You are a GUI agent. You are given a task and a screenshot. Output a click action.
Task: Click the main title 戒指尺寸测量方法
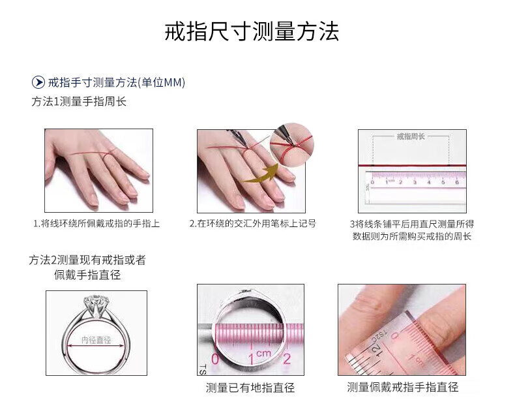click(252, 32)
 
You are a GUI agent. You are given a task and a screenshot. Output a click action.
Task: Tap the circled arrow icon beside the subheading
click(38, 82)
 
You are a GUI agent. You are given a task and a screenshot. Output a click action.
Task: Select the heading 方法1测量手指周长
click(79, 101)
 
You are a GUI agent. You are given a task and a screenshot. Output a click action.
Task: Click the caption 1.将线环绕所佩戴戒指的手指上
click(96, 224)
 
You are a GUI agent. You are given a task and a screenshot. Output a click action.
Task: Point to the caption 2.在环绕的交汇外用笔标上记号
click(253, 224)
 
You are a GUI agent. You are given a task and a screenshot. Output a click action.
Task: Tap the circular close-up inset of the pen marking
click(291, 145)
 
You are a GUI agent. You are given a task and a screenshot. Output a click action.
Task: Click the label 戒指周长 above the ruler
click(411, 136)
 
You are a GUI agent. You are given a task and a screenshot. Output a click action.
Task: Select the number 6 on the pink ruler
click(457, 182)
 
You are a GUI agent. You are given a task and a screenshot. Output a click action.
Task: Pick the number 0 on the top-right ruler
click(372, 182)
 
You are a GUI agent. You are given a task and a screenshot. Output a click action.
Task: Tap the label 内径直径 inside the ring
click(96, 340)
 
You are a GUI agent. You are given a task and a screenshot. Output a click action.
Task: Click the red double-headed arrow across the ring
click(96, 346)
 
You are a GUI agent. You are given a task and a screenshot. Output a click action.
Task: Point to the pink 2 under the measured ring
click(287, 358)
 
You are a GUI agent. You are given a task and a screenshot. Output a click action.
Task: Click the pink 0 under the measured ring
click(215, 359)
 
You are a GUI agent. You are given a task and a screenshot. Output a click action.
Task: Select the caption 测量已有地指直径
click(250, 388)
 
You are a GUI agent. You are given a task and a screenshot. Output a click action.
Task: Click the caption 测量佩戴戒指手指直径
click(403, 387)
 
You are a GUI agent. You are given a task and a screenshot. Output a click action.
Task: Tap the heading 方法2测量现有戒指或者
click(87, 260)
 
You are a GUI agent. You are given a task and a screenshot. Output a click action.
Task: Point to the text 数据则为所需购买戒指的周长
click(412, 236)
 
